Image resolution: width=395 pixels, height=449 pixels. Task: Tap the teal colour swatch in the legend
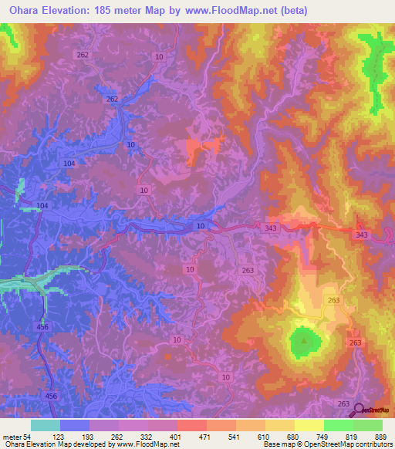click(x=46, y=425)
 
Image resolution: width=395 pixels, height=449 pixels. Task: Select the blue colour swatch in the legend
click(x=75, y=425)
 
